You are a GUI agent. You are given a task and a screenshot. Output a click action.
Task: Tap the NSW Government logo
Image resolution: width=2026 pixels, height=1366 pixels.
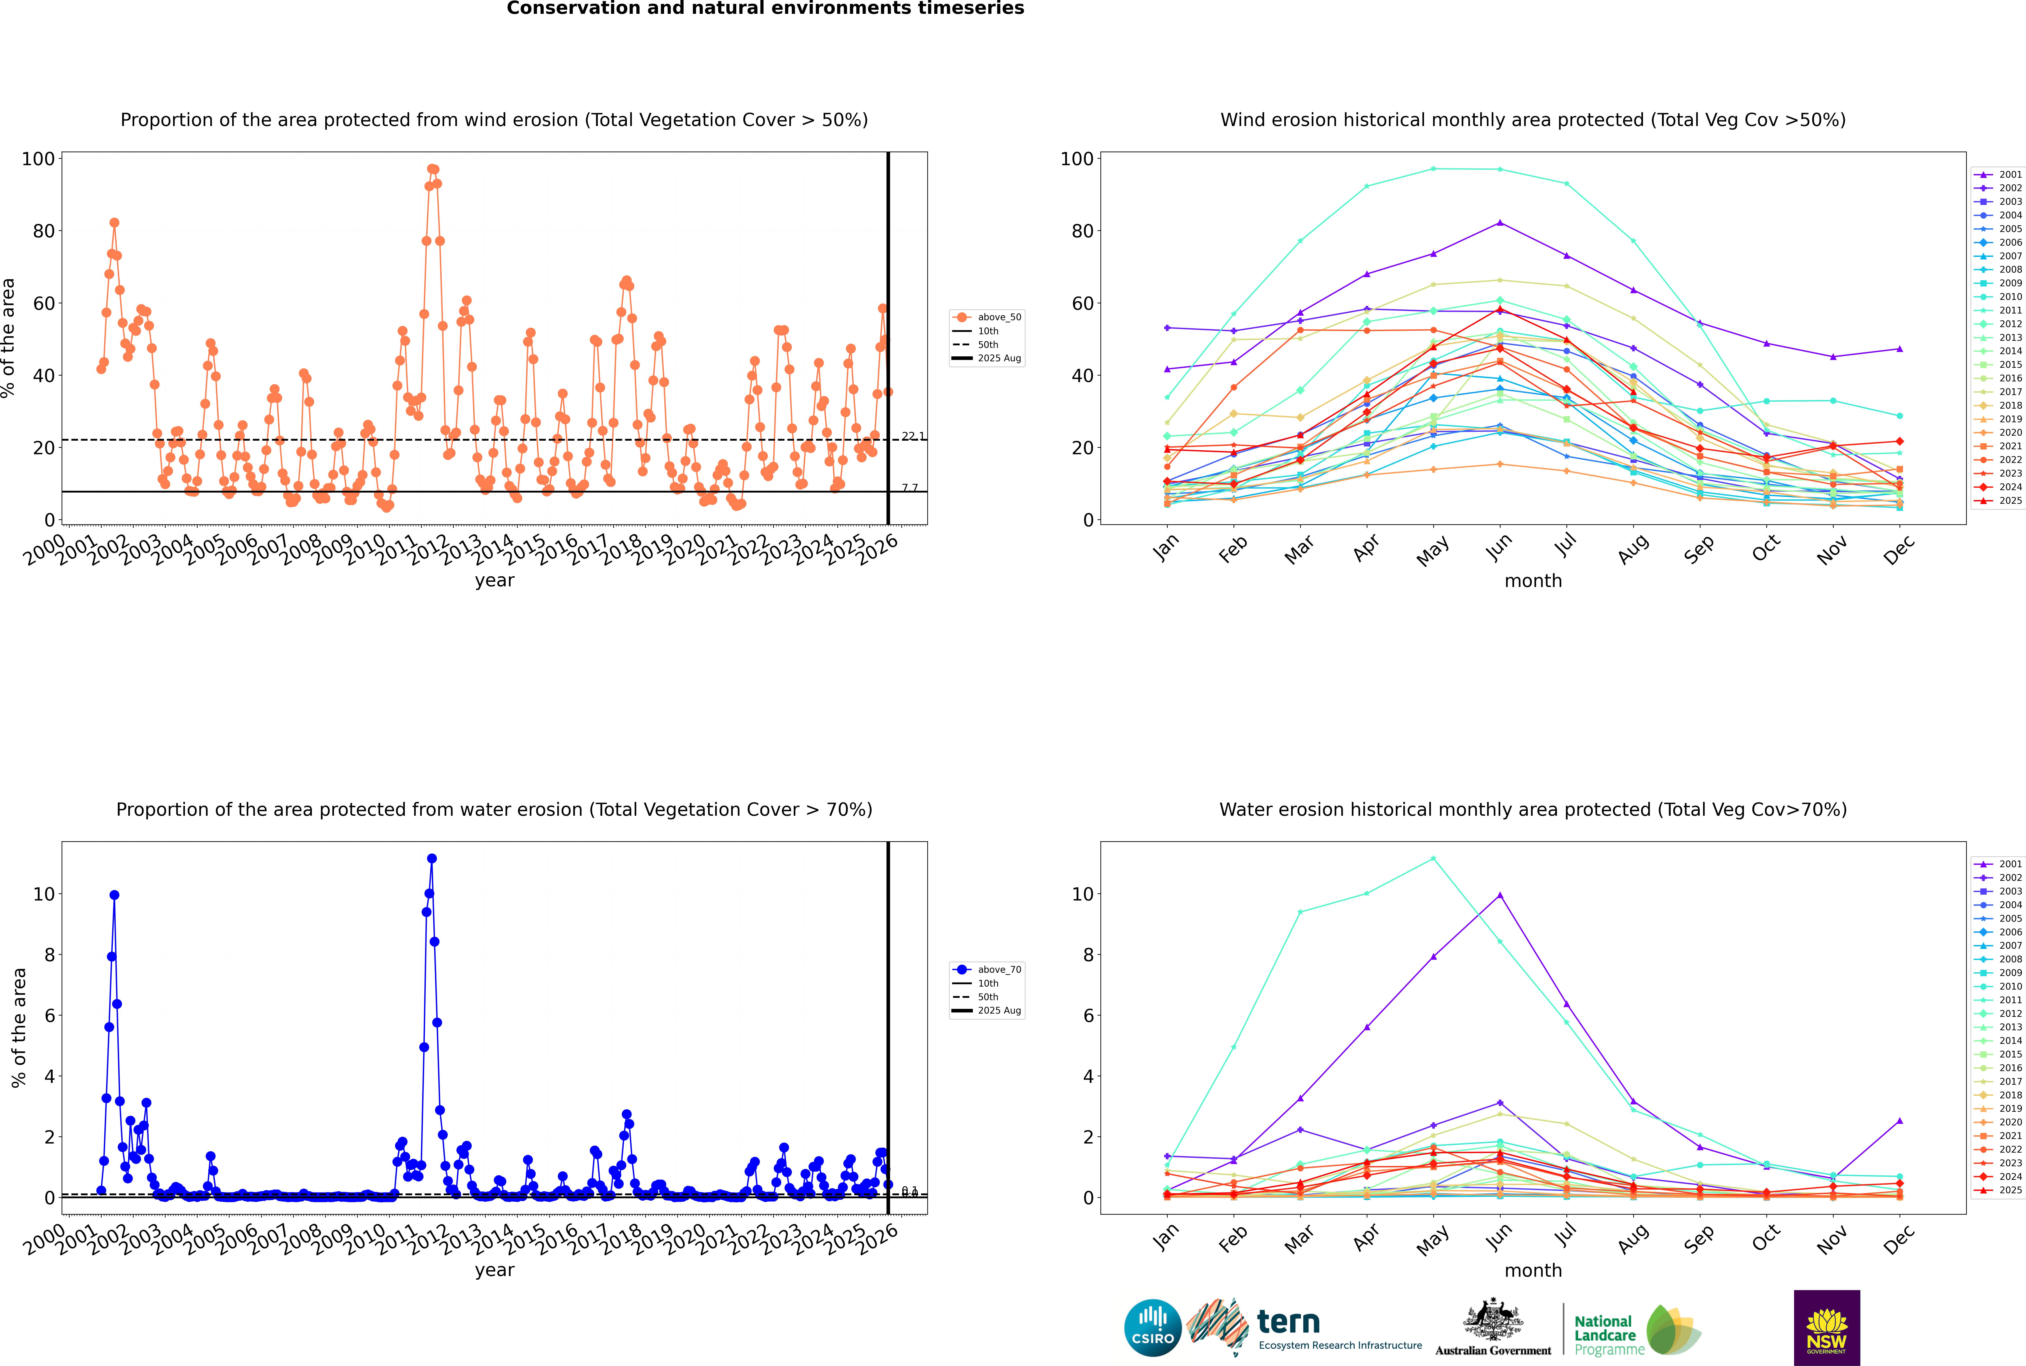tap(1826, 1328)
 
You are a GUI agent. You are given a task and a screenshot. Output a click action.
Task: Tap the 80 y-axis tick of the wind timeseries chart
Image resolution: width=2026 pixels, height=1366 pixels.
tap(38, 231)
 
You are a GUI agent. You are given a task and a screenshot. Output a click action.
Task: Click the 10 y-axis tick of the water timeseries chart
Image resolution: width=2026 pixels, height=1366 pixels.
tap(43, 894)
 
